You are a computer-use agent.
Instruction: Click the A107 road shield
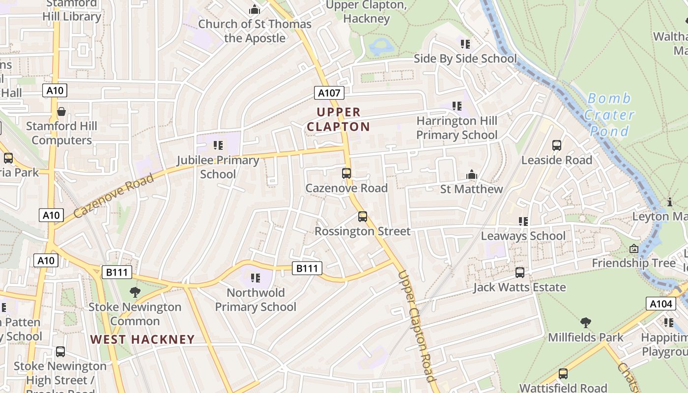pyautogui.click(x=329, y=93)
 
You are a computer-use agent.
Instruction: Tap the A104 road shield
pyautogui.click(x=660, y=304)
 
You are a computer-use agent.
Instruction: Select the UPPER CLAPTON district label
pyautogui.click(x=338, y=119)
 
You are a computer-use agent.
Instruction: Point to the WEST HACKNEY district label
pyautogui.click(x=143, y=339)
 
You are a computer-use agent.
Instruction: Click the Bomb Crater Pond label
pyautogui.click(x=609, y=115)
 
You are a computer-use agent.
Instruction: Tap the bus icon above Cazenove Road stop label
pyautogui.click(x=346, y=173)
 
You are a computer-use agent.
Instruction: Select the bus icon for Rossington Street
pyautogui.click(x=363, y=216)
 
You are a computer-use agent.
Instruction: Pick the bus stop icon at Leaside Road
pyautogui.click(x=557, y=145)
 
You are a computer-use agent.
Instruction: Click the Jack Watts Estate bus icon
pyautogui.click(x=520, y=272)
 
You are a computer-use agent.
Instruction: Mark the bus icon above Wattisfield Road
pyautogui.click(x=563, y=374)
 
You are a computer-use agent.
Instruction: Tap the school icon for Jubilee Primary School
pyautogui.click(x=218, y=145)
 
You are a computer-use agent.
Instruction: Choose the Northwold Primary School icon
pyautogui.click(x=256, y=278)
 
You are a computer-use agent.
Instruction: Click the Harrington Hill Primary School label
pyautogui.click(x=457, y=128)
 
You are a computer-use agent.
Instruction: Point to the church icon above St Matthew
pyautogui.click(x=472, y=174)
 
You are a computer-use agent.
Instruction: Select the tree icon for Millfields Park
pyautogui.click(x=585, y=323)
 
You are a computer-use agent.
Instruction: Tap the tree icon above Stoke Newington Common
pyautogui.click(x=135, y=292)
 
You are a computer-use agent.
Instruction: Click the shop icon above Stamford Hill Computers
pyautogui.click(x=61, y=112)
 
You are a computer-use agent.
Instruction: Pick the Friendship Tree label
pyautogui.click(x=633, y=263)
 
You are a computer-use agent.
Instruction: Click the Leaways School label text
pyautogui.click(x=523, y=236)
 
